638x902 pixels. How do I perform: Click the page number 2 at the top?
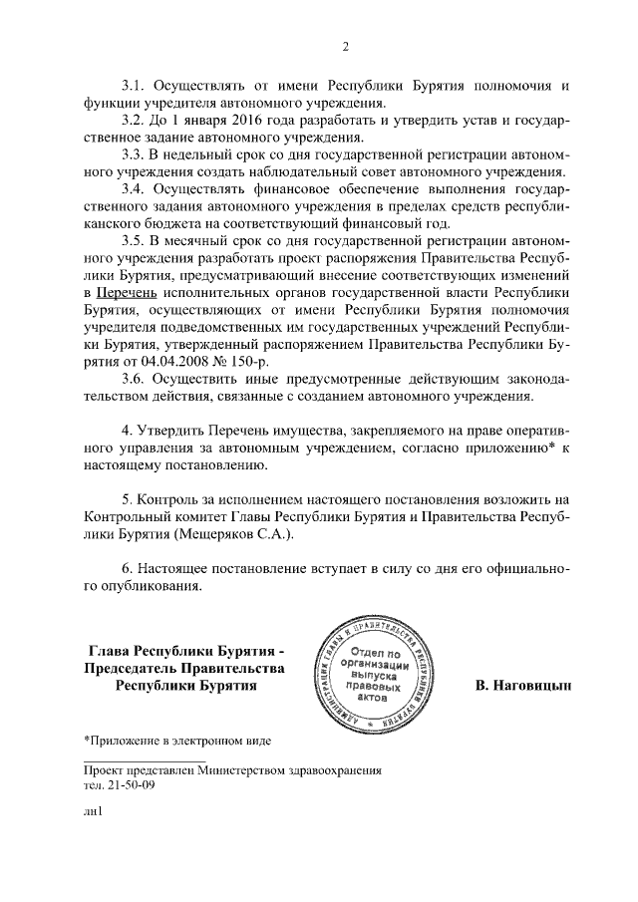pos(345,47)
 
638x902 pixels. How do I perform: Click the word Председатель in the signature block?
pos(131,669)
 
